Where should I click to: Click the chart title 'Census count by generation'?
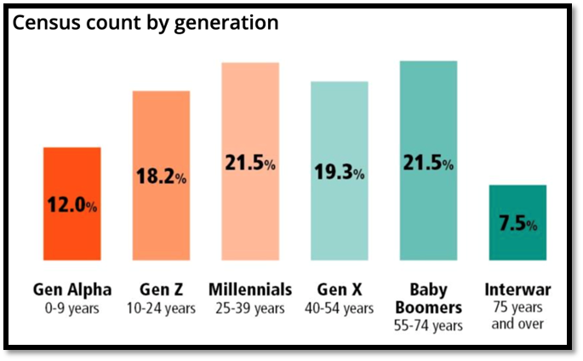pos(145,23)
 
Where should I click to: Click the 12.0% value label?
pos(72,206)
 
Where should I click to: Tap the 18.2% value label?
pos(161,178)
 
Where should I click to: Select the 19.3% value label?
pos(339,173)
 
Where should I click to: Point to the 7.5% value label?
pos(517,225)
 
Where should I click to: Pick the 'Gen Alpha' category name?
pos(72,289)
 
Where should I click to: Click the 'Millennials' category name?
pos(250,289)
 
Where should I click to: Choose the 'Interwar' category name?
pos(517,289)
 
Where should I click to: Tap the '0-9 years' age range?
pos(72,307)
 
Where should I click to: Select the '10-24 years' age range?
pos(161,307)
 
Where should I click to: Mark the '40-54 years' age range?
pos(339,307)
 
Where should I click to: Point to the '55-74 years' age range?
pos(428,325)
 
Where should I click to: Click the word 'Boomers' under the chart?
pos(428,307)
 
